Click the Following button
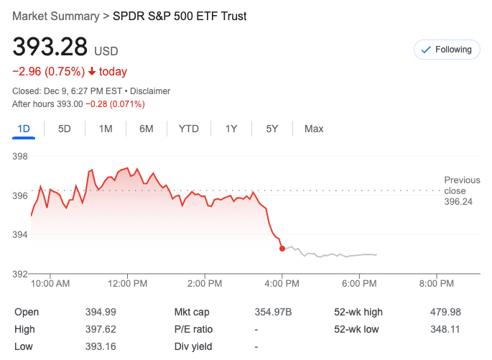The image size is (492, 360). [447, 50]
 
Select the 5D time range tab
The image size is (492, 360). [65, 129]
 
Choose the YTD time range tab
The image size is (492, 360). [189, 129]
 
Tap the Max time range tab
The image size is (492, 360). [314, 129]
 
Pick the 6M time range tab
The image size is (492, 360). [147, 129]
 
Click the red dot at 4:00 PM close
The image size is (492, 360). [282, 249]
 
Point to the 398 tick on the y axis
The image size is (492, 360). [21, 156]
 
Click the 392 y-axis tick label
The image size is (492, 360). [21, 274]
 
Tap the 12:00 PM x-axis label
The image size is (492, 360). [127, 284]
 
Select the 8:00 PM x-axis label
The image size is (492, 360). [437, 284]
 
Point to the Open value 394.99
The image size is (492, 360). [101, 312]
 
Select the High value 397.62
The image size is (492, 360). [101, 329]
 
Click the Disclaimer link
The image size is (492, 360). [150, 91]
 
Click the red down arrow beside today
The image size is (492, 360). [92, 71]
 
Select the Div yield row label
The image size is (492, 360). [194, 346]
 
